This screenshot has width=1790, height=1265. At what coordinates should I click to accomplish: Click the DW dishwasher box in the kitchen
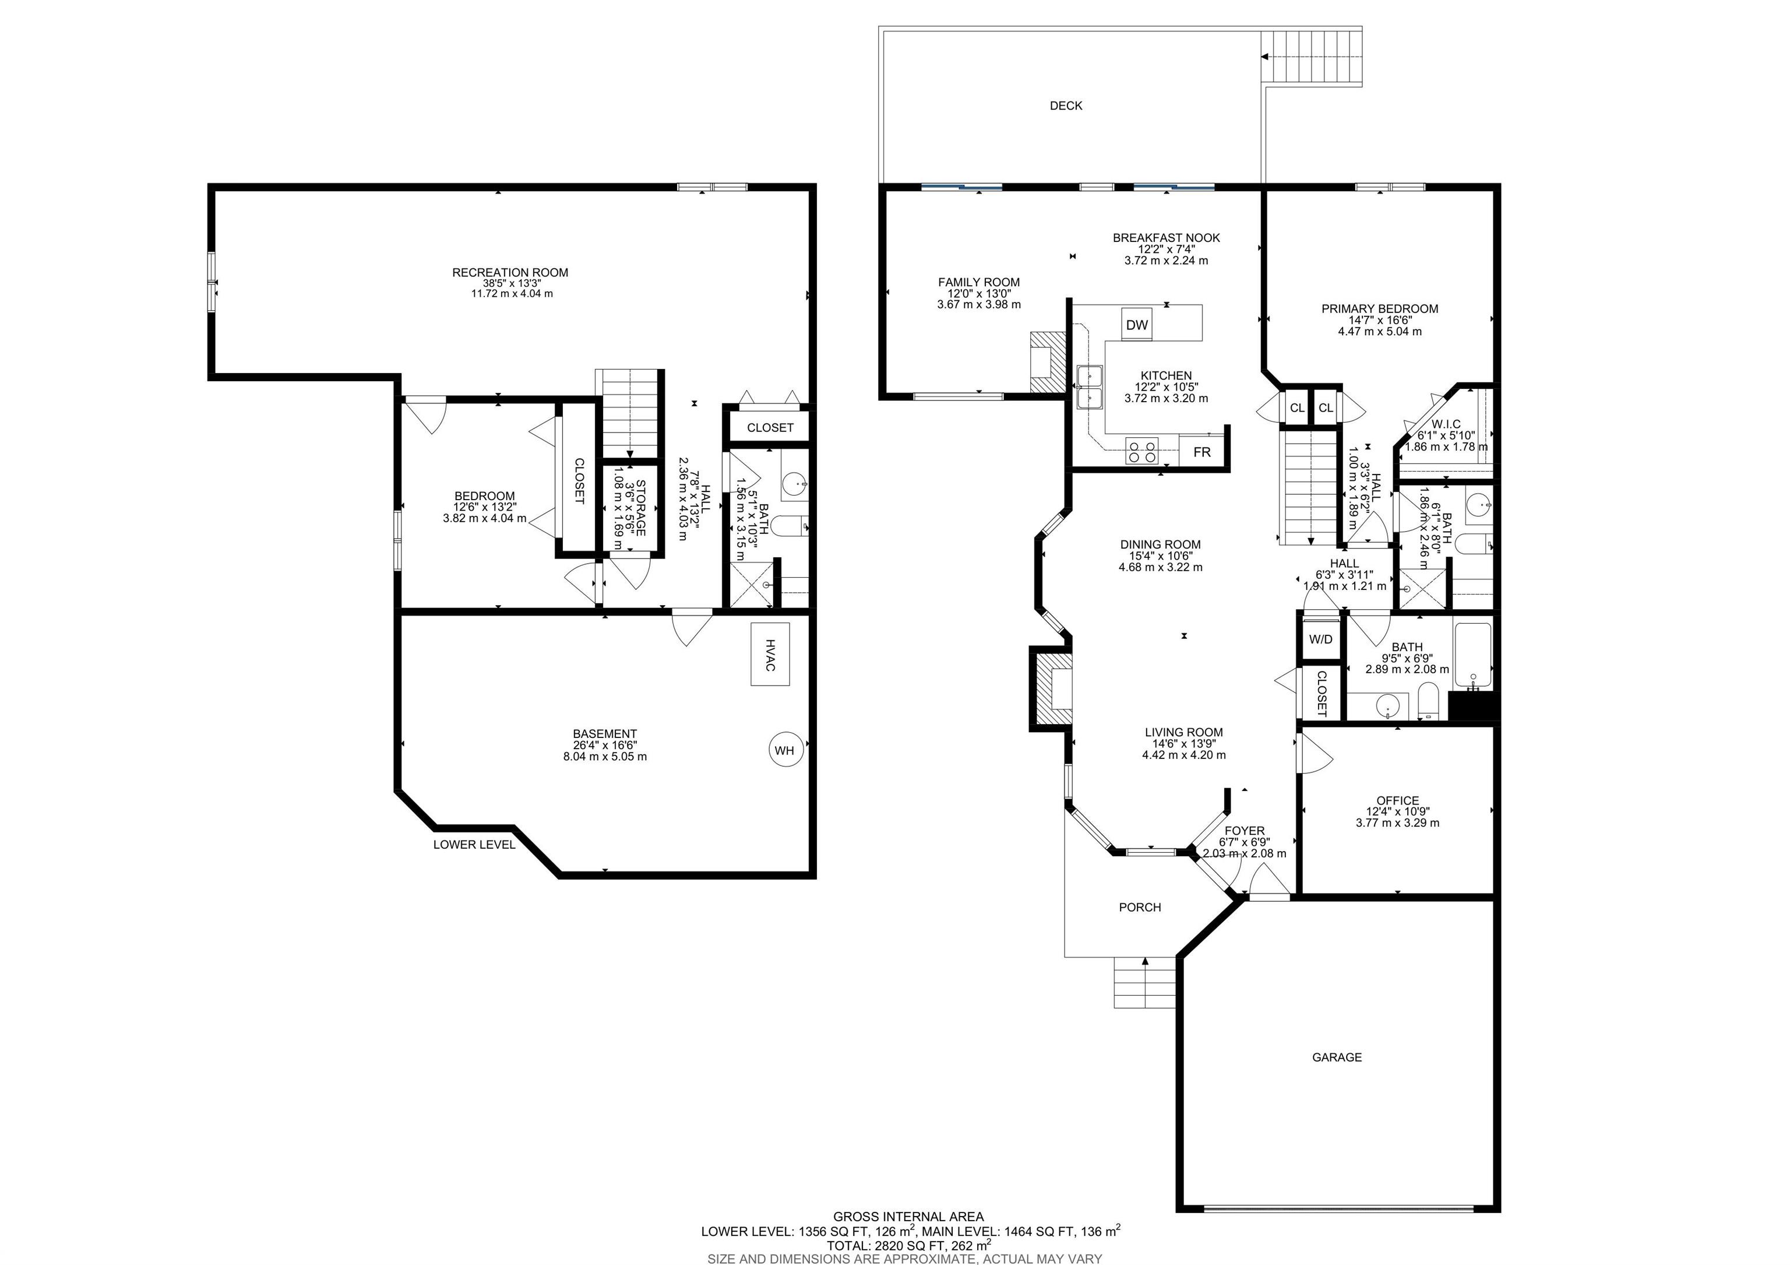(1137, 325)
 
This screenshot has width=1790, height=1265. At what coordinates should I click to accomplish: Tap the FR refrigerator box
(1201, 452)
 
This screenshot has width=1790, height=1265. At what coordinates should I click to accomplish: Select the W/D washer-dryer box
(1321, 639)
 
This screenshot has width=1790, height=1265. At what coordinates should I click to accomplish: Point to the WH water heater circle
(784, 750)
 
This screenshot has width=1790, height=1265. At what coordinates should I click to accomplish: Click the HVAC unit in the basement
(770, 654)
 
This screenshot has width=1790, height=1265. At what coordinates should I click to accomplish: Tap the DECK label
(1066, 106)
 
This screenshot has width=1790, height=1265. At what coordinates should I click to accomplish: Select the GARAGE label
(1337, 1057)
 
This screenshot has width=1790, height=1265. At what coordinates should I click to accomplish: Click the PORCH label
(1140, 907)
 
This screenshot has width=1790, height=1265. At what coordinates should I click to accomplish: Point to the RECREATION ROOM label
(510, 272)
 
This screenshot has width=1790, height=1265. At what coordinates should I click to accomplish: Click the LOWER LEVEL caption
(474, 844)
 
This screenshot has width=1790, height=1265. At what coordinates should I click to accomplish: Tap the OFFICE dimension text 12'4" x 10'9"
(1398, 811)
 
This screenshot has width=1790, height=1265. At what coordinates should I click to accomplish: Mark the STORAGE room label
(641, 508)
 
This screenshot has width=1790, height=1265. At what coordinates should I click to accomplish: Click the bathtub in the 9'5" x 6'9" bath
(1472, 655)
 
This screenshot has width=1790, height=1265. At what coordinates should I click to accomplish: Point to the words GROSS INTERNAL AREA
(908, 1217)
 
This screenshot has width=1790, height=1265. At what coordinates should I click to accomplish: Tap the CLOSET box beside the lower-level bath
(770, 427)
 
